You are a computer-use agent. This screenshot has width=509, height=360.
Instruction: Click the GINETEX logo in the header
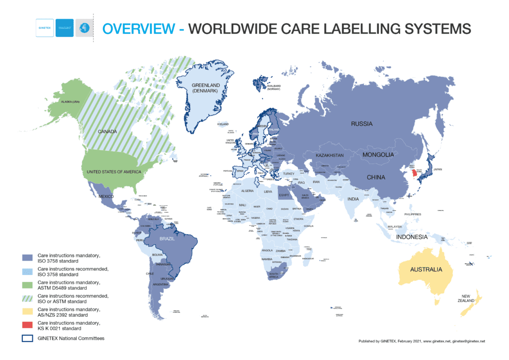[x=45, y=28]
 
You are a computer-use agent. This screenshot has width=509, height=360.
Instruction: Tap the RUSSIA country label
[x=361, y=124]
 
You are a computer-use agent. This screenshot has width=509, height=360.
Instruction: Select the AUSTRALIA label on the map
[x=425, y=270]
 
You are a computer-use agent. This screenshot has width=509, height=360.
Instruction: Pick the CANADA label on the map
[x=107, y=132]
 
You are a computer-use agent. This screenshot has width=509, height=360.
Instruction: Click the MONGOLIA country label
[x=378, y=155]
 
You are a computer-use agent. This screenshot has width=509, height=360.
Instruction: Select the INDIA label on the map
[x=353, y=199]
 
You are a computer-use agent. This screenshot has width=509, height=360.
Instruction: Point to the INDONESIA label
[x=412, y=237]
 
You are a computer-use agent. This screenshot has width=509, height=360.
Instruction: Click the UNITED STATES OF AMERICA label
[x=114, y=172]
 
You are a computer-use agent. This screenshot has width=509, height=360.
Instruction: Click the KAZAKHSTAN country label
[x=330, y=156]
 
